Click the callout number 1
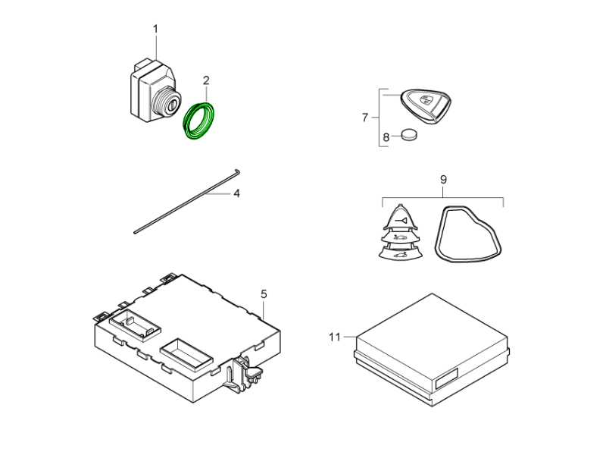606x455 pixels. point(155,29)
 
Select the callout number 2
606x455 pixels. point(206,80)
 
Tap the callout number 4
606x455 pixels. point(236,193)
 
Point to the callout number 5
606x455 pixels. point(264,294)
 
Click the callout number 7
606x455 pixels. point(365,118)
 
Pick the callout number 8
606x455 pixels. point(386,137)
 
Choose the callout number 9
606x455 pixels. point(443,180)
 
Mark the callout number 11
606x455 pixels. point(335,337)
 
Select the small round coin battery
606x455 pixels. point(409,134)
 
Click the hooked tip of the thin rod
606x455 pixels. point(236,172)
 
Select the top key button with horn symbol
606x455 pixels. point(401,218)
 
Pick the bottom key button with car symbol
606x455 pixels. point(400,253)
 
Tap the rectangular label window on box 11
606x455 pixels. point(446,378)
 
